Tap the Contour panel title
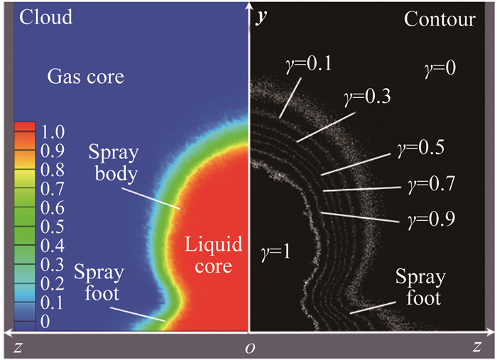point(439,19)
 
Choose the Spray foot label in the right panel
point(419,287)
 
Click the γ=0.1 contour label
point(312,66)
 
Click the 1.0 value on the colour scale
point(53,131)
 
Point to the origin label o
point(248,348)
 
